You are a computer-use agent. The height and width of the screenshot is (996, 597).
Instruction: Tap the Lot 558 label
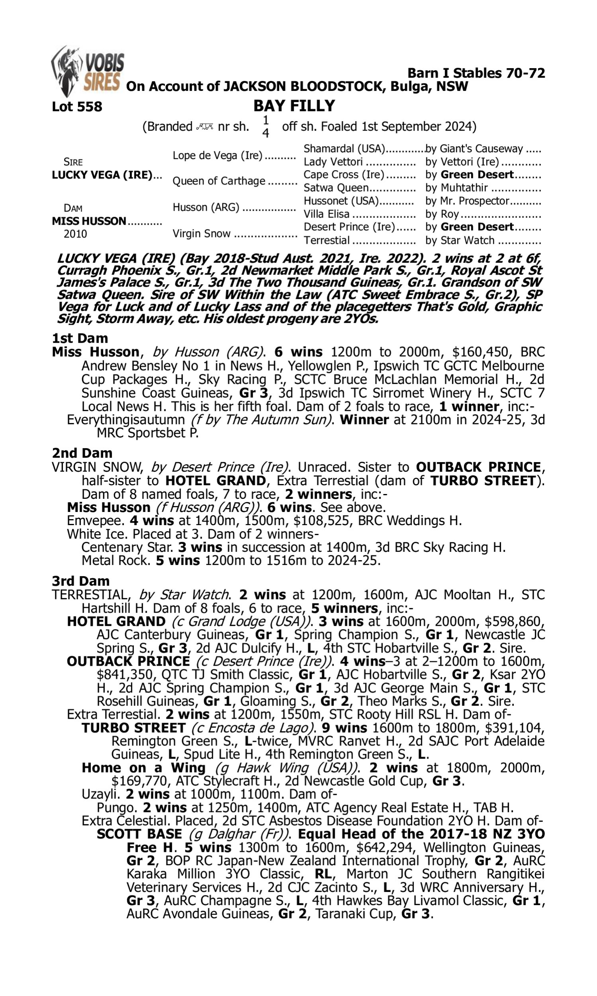(77, 107)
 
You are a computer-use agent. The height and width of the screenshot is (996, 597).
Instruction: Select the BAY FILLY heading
(294, 106)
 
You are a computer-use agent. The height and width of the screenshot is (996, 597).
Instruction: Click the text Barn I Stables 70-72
(476, 73)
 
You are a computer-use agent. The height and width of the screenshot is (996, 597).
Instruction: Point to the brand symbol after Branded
(205, 127)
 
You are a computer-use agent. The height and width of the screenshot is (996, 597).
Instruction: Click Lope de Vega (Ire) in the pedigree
(217, 156)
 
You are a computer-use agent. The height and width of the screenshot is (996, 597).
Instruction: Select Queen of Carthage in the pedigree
(219, 181)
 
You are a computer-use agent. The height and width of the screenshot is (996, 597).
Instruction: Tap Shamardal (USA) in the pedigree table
(344, 149)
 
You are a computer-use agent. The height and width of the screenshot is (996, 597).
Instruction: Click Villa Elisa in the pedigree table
(326, 214)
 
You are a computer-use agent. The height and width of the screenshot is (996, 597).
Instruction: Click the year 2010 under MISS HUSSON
(75, 234)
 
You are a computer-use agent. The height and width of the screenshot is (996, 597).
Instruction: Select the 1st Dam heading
(80, 338)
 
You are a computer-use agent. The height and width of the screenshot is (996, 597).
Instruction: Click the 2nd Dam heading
(82, 453)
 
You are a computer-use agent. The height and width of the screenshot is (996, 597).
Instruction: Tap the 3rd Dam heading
(81, 581)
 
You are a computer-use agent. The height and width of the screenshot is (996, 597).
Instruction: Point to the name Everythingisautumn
(125, 420)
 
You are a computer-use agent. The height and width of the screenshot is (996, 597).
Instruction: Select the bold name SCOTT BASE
(139, 834)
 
